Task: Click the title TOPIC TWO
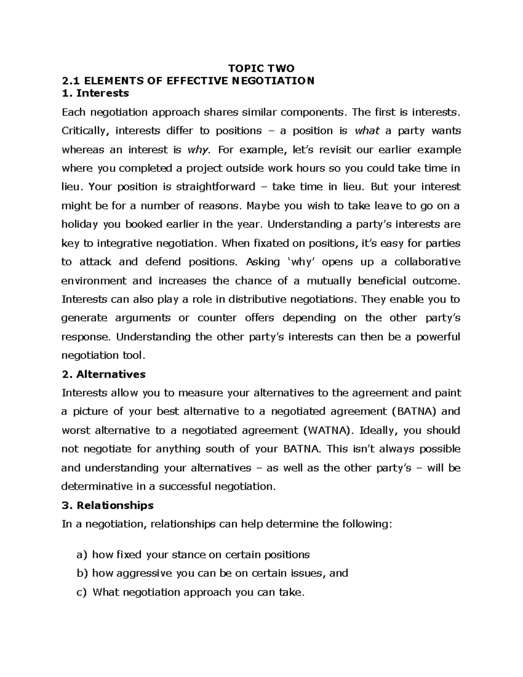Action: pyautogui.click(x=261, y=68)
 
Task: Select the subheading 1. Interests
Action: pyautogui.click(x=95, y=93)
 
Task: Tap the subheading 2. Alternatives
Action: pyautogui.click(x=104, y=374)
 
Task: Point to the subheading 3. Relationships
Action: pyautogui.click(x=108, y=505)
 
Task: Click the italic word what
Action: pyautogui.click(x=367, y=131)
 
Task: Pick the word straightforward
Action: pyautogui.click(x=215, y=187)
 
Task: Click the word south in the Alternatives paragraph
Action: pyautogui.click(x=220, y=449)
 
